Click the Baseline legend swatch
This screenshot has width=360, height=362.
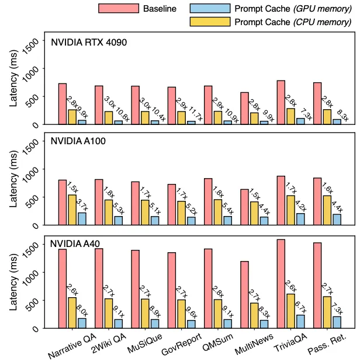(x=119, y=9)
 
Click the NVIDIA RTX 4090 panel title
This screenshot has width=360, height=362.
(x=88, y=43)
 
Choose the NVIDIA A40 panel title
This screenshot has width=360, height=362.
(x=79, y=244)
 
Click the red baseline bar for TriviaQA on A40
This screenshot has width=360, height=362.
(x=281, y=284)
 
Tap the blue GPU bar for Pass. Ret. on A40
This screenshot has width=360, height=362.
(x=337, y=322)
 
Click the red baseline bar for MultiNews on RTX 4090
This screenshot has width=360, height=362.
(x=244, y=108)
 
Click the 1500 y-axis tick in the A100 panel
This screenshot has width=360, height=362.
(x=33, y=141)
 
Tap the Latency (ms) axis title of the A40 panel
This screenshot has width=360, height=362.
(x=15, y=282)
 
